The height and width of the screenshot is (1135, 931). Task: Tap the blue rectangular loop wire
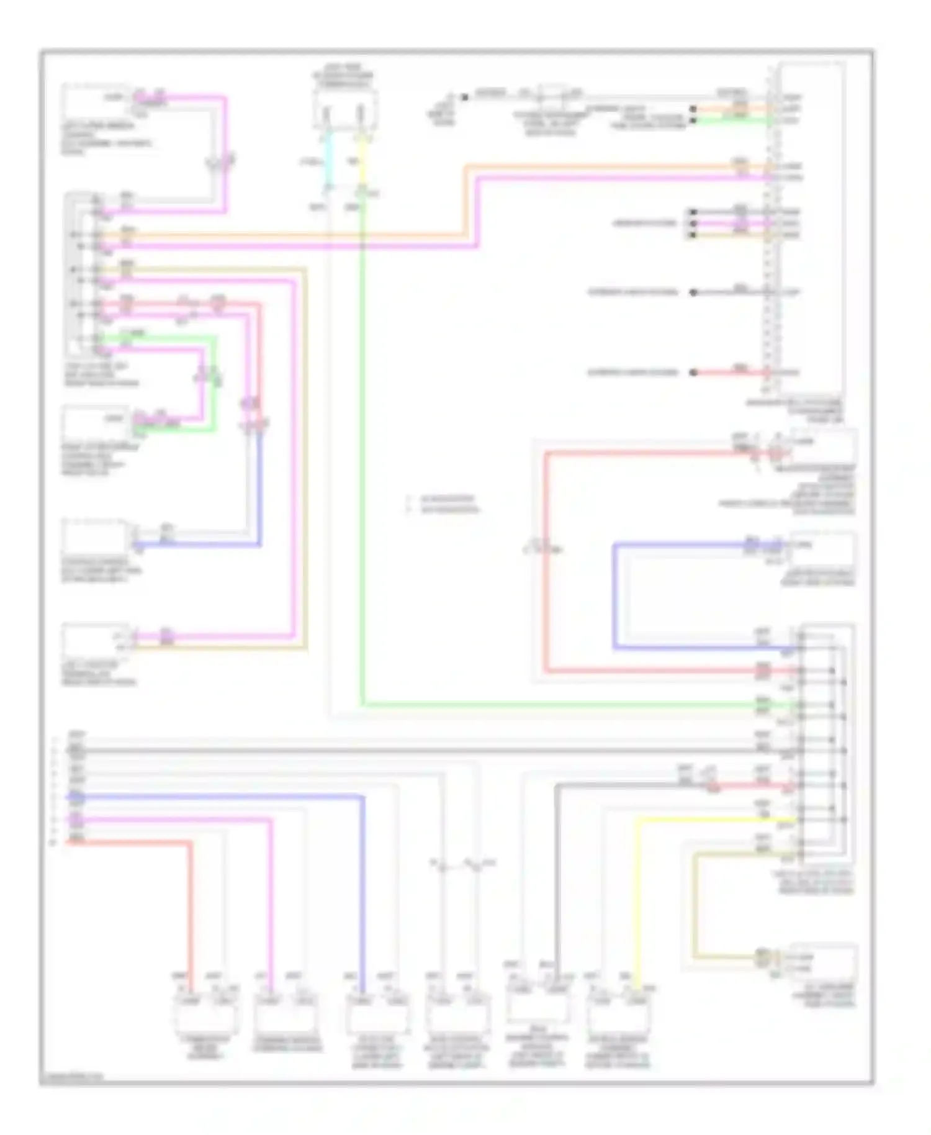[x=614, y=596]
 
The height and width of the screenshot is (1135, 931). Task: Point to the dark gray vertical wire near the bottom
[x=557, y=882]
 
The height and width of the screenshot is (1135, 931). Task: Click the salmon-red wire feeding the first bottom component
[x=191, y=907]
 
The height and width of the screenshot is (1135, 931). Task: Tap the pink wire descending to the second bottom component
[x=271, y=900]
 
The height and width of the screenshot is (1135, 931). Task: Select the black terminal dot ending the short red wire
[x=694, y=373]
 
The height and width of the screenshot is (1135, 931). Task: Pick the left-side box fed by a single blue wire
[x=96, y=535]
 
